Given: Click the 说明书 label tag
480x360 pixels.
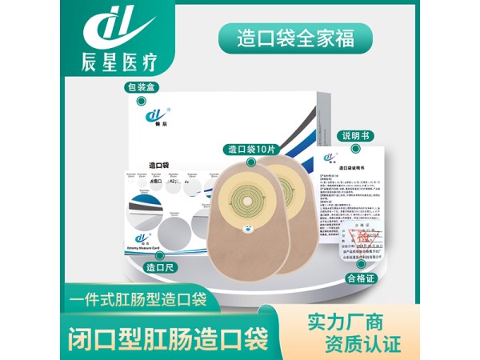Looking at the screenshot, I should point(355,136).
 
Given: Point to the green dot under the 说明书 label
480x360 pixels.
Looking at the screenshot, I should point(355,150).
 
